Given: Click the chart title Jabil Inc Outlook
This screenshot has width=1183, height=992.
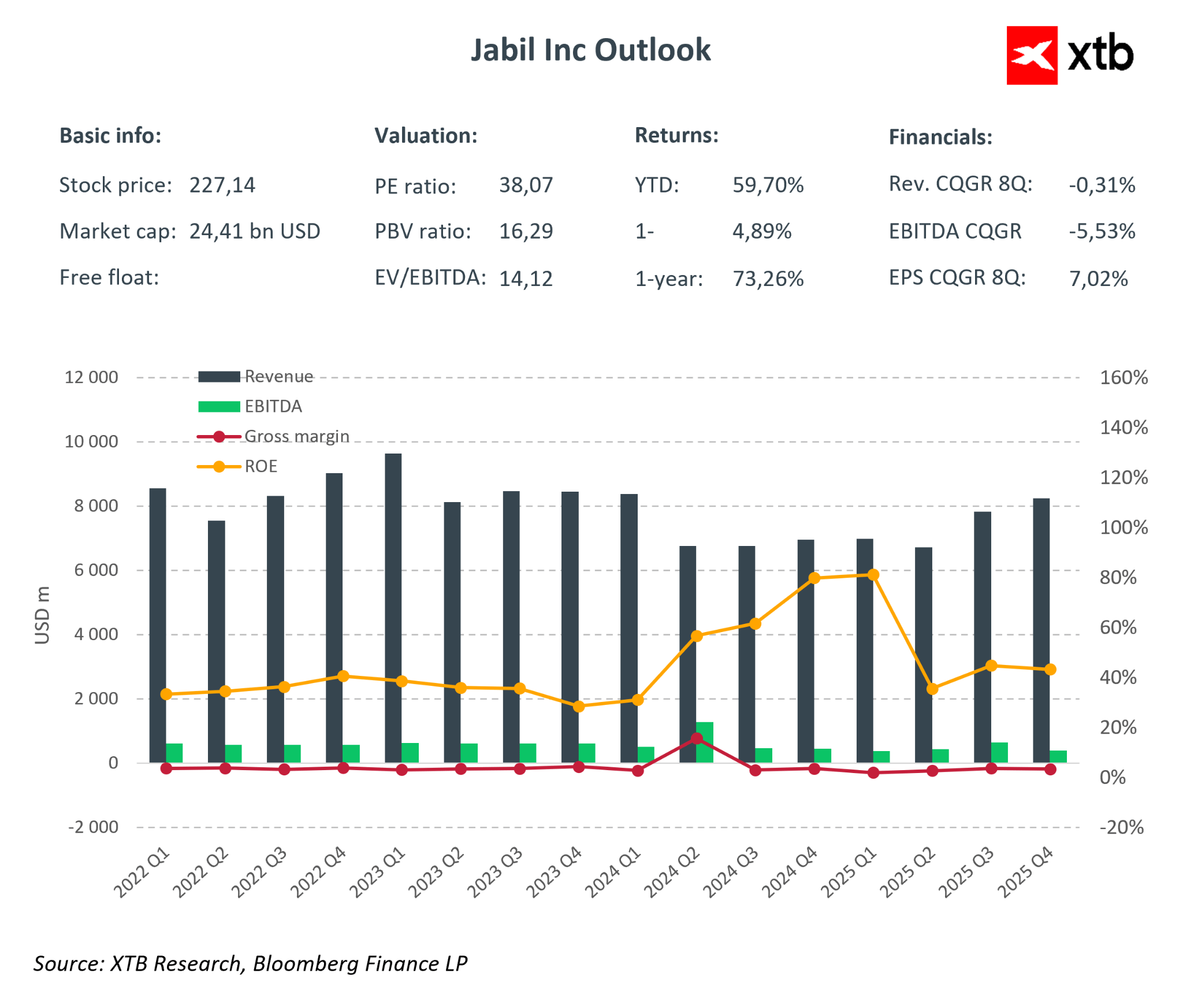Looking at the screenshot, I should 590,50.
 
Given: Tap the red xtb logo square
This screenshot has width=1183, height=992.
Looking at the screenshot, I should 1032,55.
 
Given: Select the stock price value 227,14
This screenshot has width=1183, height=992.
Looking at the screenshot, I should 222,185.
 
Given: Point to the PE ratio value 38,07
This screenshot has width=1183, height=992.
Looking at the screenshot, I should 526,185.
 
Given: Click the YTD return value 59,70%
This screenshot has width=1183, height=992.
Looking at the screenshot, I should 768,185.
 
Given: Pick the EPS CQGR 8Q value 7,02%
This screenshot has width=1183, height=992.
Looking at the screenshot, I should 1098,279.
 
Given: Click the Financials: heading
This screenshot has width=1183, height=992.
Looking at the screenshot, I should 940,138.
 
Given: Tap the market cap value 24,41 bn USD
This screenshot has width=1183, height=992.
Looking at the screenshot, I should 255,232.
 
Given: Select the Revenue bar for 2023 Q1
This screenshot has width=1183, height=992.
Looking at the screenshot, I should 393,607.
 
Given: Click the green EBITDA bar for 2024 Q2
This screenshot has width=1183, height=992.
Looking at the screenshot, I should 705,742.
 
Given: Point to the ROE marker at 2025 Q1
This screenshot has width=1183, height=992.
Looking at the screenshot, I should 873,575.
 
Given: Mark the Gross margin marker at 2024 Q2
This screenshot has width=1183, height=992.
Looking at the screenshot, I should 697,738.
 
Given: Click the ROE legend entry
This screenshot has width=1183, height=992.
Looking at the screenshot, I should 261,466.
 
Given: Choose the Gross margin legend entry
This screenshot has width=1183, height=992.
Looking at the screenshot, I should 296,436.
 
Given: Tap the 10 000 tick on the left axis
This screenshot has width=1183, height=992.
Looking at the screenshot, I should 91,442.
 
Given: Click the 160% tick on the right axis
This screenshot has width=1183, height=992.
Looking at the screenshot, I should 1123,378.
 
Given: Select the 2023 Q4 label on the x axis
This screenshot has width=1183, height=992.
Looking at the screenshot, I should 553,872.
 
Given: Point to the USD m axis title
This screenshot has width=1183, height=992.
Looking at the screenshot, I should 42,615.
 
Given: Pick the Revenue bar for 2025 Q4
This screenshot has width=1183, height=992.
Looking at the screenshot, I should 1041,630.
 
